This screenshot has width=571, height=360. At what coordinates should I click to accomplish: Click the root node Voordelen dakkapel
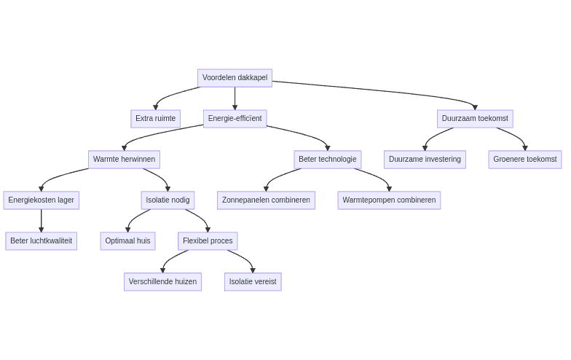coord(235,78)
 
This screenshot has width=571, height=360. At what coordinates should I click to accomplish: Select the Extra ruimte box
coord(155,119)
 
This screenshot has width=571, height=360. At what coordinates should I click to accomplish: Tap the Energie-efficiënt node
coord(235,119)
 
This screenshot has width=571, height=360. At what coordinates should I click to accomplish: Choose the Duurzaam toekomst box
coord(475,119)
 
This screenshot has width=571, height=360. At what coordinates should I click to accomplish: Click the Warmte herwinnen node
coord(124,160)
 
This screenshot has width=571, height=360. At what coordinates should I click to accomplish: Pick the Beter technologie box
coord(327,160)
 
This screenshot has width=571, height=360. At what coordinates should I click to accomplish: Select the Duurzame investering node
coord(425,160)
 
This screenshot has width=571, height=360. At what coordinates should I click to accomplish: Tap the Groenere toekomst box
coord(524,160)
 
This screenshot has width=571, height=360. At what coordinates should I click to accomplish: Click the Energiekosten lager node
coord(41,200)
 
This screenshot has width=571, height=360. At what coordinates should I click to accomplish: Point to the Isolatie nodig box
coord(168,200)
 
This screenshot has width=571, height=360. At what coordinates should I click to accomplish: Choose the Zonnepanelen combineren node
coord(266,200)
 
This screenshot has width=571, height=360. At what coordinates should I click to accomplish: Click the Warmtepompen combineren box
coord(389,200)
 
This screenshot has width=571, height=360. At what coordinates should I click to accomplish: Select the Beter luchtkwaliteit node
coord(41,241)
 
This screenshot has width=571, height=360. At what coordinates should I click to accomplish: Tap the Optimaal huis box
coord(127,241)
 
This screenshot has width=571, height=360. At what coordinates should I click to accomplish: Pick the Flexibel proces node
coord(208,241)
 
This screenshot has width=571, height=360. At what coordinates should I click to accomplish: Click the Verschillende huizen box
coord(162,282)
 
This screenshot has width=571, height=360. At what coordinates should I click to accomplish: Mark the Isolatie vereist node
coord(253,282)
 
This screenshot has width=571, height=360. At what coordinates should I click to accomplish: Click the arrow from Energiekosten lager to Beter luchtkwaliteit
coord(42,220)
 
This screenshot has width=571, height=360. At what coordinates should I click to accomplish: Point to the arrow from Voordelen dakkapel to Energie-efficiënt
coord(235,98)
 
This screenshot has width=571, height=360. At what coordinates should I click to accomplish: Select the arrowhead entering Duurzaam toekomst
coord(475,107)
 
